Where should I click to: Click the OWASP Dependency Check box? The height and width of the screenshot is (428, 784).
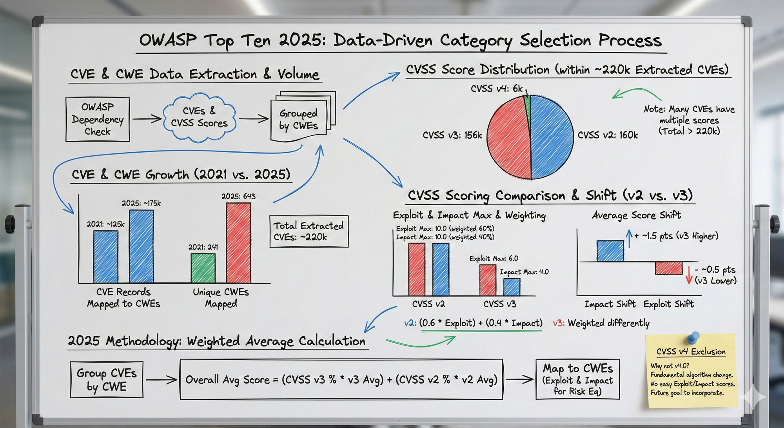pyautogui.click(x=98, y=119)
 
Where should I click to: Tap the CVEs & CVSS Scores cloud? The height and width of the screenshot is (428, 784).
pyautogui.click(x=199, y=117)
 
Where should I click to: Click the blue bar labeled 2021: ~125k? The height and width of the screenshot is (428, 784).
pyautogui.click(x=106, y=257)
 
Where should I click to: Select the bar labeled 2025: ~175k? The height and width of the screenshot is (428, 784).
pyautogui.click(x=142, y=246)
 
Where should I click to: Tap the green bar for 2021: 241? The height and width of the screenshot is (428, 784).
pyautogui.click(x=203, y=268)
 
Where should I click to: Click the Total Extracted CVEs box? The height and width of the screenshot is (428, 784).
pyautogui.click(x=309, y=231)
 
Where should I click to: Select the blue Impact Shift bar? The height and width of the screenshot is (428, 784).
pyautogui.click(x=610, y=251)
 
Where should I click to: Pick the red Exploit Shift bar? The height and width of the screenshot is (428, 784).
pyautogui.click(x=669, y=268)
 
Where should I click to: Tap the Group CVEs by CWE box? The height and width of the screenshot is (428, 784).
pyautogui.click(x=107, y=379)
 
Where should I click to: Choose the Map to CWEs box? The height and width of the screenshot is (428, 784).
pyautogui.click(x=577, y=379)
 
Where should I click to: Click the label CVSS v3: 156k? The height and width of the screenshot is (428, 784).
pyautogui.click(x=452, y=135)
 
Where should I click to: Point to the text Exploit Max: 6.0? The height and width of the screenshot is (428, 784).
pyautogui.click(x=494, y=259)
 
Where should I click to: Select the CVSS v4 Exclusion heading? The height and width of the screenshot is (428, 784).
pyautogui.click(x=691, y=352)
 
